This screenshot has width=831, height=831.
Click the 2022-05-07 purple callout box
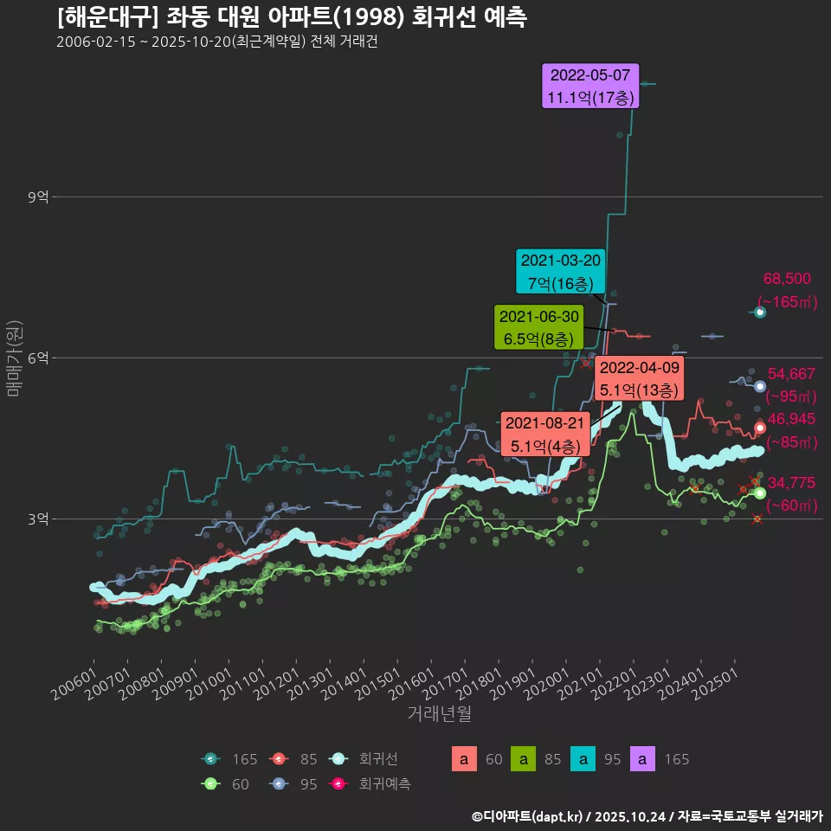(590, 86)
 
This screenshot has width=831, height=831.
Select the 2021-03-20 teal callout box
(560, 272)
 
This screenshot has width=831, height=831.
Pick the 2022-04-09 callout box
(640, 379)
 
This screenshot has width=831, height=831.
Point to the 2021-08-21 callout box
(545, 435)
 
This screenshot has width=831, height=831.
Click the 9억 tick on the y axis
(37, 197)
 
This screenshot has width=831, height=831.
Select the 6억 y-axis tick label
(37, 358)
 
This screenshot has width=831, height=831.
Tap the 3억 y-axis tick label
(37, 519)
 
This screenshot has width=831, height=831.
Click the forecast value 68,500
(787, 279)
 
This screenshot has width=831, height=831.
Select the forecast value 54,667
(791, 374)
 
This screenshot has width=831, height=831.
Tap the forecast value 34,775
(791, 483)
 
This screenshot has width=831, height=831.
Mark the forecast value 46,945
(791, 419)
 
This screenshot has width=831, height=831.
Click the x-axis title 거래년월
(439, 714)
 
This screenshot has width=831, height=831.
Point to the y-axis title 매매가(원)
(14, 358)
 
